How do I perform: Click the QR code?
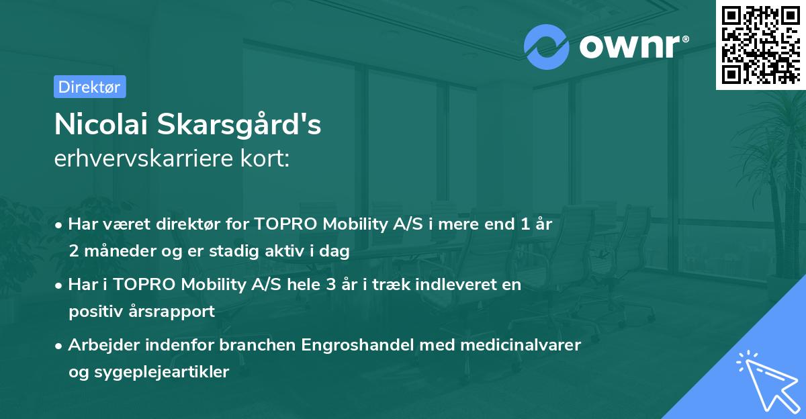point(762,44)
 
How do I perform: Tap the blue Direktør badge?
point(89,87)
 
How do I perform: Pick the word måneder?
point(118,252)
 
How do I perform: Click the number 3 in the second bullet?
point(330,285)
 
